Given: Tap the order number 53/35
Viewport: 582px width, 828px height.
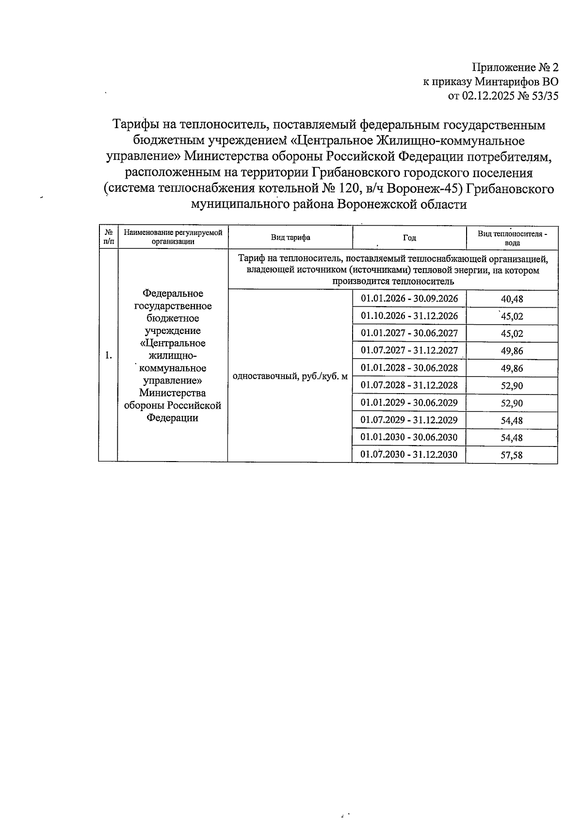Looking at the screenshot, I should tap(545, 96).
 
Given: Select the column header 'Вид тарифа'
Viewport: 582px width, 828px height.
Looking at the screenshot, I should tap(291, 237).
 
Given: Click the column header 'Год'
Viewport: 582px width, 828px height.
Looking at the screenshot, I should tap(409, 237).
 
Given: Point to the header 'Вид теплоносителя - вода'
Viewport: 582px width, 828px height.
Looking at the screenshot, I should tap(512, 238).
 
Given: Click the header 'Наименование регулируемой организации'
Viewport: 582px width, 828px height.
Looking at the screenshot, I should tap(173, 237).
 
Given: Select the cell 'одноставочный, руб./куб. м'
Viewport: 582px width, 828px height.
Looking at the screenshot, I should tap(290, 376).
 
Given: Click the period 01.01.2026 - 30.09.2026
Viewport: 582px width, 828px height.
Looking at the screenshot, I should tap(409, 298).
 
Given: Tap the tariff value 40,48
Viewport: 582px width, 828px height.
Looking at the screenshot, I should tap(512, 299).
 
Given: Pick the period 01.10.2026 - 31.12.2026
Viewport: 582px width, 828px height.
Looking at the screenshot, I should tap(409, 316).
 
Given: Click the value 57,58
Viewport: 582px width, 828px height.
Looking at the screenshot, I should tap(512, 455).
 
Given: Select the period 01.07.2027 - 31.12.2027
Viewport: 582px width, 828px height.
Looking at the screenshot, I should tap(409, 350).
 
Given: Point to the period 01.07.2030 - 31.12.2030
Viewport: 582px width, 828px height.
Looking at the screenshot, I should tap(409, 455).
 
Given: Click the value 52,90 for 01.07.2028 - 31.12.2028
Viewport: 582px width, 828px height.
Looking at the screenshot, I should tap(512, 386).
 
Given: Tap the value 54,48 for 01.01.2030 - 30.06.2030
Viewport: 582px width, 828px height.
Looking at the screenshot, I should tap(512, 438).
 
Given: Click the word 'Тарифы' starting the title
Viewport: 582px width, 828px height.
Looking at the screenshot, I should tap(135, 125).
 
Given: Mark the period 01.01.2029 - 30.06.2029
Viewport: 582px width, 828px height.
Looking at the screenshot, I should tap(409, 403).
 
